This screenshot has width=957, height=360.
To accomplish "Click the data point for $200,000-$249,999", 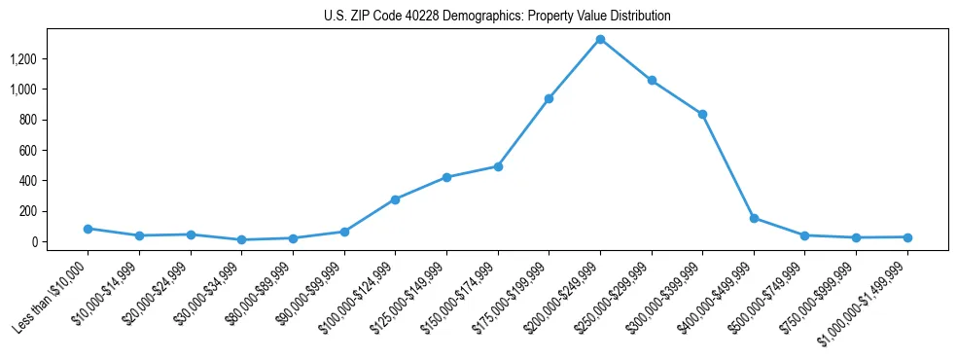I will pyautogui.click(x=600, y=39).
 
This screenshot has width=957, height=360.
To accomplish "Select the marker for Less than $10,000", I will pyautogui.click(x=88, y=229).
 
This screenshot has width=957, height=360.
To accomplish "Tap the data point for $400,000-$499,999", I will pyautogui.click(x=754, y=218).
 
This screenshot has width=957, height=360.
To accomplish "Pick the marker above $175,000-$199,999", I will pyautogui.click(x=549, y=98).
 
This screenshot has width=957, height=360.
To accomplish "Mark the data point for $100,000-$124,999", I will pyautogui.click(x=395, y=199).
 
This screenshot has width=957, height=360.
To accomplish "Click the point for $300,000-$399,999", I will pyautogui.click(x=702, y=114).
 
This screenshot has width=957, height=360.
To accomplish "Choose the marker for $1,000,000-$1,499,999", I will pyautogui.click(x=907, y=236).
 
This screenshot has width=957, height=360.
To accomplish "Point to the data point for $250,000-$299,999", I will pyautogui.click(x=652, y=80).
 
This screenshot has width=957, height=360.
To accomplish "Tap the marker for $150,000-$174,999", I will pyautogui.click(x=498, y=166).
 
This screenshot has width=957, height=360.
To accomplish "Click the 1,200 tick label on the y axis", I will pyautogui.click(x=22, y=59).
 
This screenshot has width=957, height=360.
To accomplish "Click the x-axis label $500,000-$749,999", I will pyautogui.click(x=768, y=292).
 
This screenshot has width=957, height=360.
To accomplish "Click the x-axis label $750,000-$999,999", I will pyautogui.click(x=820, y=292).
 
